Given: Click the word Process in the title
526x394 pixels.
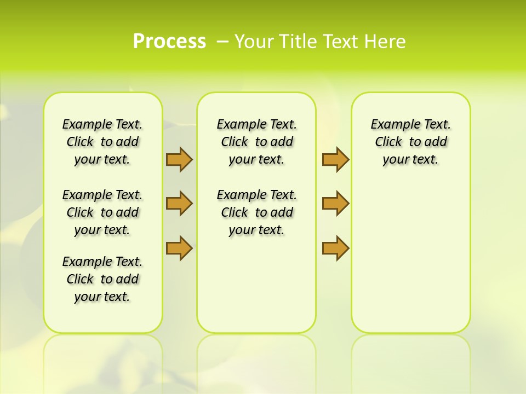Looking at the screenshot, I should (169, 41).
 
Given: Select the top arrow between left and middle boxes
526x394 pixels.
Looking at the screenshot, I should (179, 159).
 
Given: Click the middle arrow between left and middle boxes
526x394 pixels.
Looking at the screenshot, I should (179, 204).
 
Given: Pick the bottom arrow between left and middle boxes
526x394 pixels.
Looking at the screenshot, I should (179, 248).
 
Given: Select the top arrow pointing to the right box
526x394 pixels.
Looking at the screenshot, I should (335, 159).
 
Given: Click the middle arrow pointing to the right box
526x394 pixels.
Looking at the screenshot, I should (335, 204).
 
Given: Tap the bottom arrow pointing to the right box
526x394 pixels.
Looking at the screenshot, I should (335, 248).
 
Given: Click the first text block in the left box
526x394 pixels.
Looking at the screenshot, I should (102, 142).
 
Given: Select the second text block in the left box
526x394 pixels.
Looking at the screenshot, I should (102, 212).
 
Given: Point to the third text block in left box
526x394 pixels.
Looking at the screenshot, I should (102, 279).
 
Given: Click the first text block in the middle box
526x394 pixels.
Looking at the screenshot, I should (256, 142).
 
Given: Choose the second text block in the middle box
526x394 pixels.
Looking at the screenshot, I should (256, 212).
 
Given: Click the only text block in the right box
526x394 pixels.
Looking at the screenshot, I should (410, 142).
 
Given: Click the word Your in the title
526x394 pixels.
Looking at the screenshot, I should (254, 42).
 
